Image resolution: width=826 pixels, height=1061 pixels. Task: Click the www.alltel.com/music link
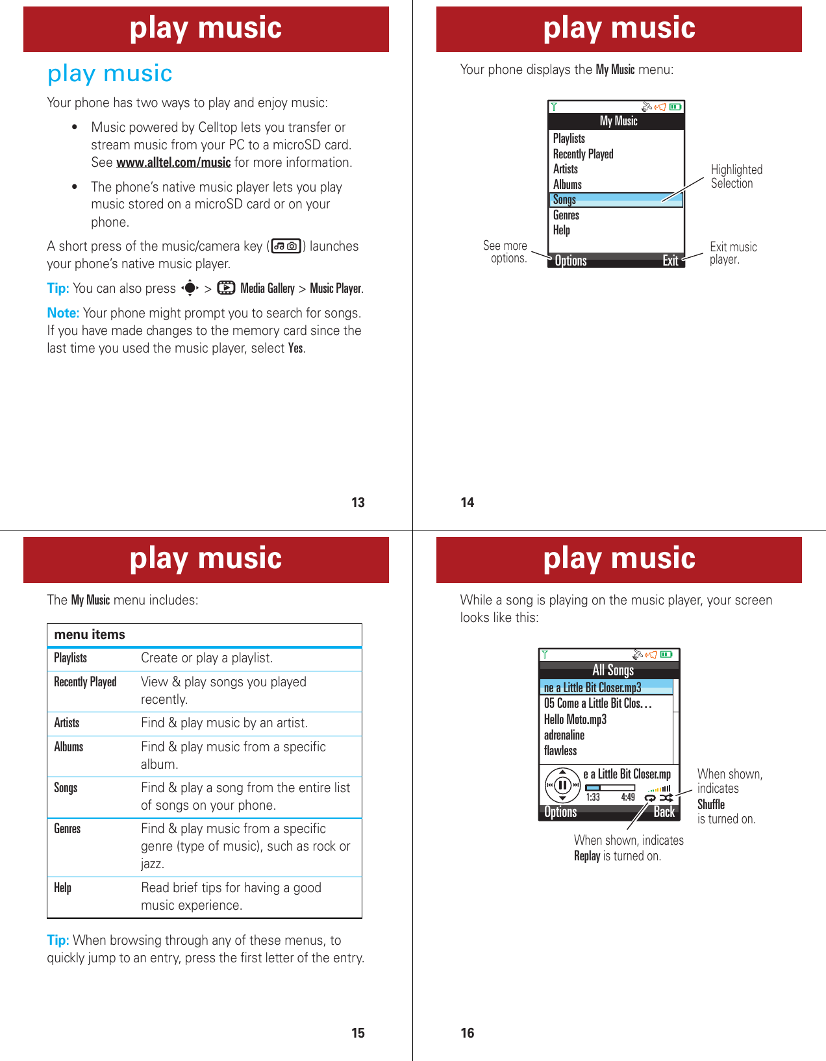(173, 163)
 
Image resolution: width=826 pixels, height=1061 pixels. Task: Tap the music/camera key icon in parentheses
(286, 246)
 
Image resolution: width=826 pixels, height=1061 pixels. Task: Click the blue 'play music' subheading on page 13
(110, 73)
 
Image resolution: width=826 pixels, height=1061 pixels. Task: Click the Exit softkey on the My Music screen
(670, 260)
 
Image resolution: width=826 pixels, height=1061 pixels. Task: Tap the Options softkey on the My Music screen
(571, 260)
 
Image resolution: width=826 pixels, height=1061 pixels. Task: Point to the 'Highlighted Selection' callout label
(736, 177)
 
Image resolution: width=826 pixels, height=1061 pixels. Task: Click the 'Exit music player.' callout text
(732, 253)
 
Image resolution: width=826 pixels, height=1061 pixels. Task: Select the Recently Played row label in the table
(85, 682)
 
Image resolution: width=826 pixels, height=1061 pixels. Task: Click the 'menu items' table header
(90, 634)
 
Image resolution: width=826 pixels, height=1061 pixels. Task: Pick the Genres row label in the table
(68, 829)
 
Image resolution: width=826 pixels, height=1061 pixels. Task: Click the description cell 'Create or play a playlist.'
(206, 658)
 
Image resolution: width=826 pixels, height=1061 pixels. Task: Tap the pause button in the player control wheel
(562, 784)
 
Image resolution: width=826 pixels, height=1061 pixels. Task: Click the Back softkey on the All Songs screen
(664, 812)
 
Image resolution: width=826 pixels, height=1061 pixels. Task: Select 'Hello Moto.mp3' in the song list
(575, 719)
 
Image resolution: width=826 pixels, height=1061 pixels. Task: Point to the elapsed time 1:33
(593, 797)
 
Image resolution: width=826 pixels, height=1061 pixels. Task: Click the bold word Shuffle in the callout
(711, 805)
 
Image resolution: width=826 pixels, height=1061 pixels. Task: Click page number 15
(358, 1033)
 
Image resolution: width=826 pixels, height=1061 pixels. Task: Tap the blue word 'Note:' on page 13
(63, 313)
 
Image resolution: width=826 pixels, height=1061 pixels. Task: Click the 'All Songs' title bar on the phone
(612, 670)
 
